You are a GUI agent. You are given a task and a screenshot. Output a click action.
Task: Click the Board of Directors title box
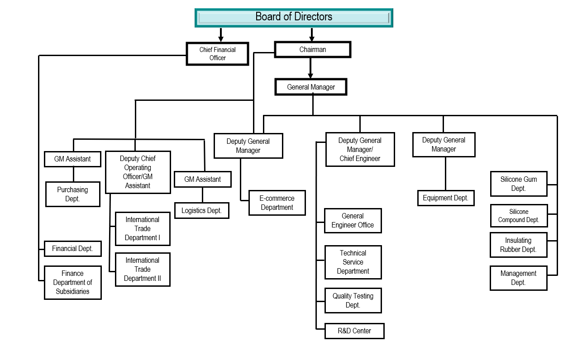coord(294,18)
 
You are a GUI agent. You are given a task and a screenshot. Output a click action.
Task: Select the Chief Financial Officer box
coord(218,54)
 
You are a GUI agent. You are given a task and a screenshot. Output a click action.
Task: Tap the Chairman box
coord(313,50)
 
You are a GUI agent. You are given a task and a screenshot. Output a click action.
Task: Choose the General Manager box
coord(311,87)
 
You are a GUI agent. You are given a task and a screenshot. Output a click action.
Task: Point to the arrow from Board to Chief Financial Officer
coord(221,35)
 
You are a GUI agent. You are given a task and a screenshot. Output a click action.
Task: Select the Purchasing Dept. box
coord(72,194)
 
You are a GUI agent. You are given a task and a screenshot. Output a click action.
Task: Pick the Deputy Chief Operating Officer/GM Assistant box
coord(138,172)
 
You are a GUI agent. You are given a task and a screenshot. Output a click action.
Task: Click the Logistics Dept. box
coord(201,210)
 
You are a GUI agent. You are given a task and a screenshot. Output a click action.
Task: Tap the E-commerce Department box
coord(277,203)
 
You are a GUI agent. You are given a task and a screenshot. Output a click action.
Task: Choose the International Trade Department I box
coord(143,228)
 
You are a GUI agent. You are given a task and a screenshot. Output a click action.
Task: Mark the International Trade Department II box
coord(143,269)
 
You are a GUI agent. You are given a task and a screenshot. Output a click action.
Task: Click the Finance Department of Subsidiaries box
coord(72,282)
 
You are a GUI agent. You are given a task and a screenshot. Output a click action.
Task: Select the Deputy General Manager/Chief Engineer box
coord(360,149)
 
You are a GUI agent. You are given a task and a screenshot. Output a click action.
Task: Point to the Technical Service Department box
coord(353,262)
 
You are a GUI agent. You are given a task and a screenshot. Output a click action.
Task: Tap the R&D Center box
coord(354,331)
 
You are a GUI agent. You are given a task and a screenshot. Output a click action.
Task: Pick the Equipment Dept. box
coord(446,198)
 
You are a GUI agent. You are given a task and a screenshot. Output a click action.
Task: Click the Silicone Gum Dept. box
coord(519,184)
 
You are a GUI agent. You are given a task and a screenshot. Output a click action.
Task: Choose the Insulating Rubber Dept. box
coord(518,245)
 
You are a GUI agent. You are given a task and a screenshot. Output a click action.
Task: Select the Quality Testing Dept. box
coord(353,300)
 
